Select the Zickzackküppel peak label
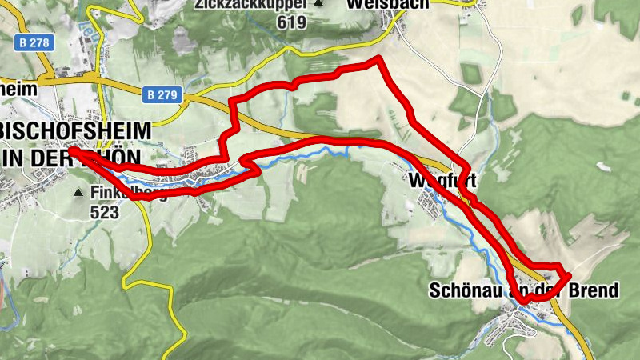click(250, 5)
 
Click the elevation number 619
click(291, 22)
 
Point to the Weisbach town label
click(388, 4)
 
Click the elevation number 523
click(104, 212)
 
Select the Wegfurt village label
click(442, 180)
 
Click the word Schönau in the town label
click(467, 290)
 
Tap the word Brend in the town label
click(598, 290)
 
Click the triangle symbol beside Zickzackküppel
click(318, 5)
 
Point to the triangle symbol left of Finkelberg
click(78, 193)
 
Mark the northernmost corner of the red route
click(376, 59)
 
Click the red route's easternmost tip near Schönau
click(570, 276)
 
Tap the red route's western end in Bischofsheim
click(71, 150)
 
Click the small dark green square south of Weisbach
click(471, 74)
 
